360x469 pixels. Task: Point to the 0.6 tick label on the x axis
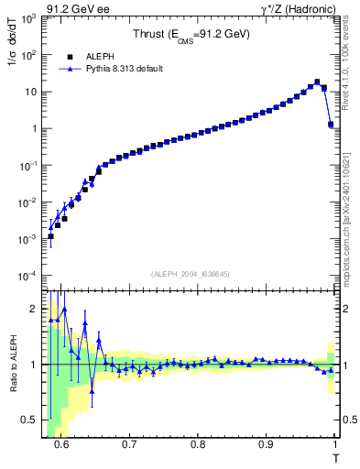pyautogui.click(x=60, y=445)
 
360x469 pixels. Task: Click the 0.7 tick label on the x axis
pyautogui.click(x=129, y=445)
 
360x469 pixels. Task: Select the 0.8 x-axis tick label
pyautogui.click(x=198, y=445)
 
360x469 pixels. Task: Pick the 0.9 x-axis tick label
pyautogui.click(x=267, y=445)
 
